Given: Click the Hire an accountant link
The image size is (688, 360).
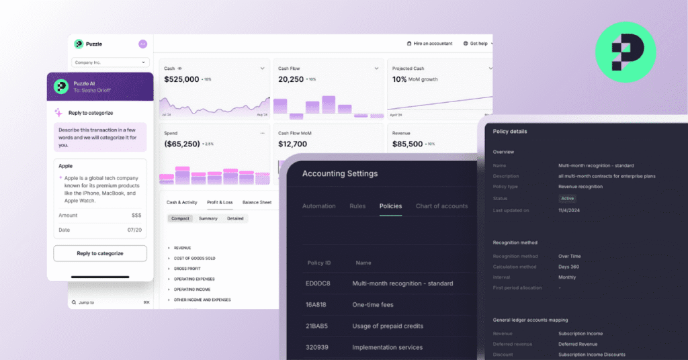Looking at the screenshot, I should [x=430, y=44].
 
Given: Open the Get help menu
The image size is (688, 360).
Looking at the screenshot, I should [x=478, y=44].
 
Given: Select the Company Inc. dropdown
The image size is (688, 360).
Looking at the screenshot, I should [x=111, y=62].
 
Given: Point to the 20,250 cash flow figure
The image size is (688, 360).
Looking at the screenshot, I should [x=291, y=79].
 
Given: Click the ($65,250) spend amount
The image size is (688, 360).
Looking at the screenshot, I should [x=182, y=144].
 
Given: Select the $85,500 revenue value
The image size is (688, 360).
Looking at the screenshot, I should [x=408, y=144].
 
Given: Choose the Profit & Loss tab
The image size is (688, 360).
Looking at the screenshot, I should [x=220, y=202].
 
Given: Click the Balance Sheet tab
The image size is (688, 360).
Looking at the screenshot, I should [x=257, y=202].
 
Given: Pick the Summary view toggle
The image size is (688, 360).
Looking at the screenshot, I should [x=208, y=218].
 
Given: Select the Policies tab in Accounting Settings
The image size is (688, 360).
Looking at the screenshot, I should [x=390, y=206].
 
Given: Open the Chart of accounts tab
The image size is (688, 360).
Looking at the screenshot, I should [x=441, y=206].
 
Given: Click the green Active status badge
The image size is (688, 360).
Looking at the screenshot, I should [x=568, y=199].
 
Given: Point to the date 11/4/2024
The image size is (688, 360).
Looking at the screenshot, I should [x=569, y=210].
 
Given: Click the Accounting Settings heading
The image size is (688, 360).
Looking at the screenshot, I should [x=340, y=174].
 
